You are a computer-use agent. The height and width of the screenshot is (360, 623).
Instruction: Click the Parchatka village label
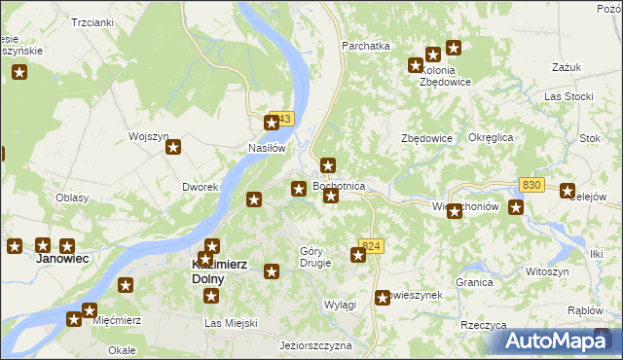365,45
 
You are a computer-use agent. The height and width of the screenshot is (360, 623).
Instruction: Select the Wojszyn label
149,136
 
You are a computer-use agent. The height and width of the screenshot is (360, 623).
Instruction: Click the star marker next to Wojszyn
173,148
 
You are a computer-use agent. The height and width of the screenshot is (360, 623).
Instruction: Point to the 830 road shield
531,185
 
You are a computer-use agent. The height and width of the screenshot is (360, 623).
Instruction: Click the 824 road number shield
369,246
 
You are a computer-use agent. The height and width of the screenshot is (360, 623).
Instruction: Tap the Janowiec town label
62,260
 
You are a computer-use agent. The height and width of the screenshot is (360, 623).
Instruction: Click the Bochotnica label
339,185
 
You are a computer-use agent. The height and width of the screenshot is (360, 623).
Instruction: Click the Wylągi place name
340,305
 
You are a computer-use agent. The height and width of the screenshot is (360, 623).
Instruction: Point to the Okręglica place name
490,138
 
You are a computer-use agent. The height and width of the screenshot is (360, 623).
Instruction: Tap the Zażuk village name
566,67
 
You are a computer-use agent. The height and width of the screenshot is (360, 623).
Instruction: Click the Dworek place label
199,186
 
